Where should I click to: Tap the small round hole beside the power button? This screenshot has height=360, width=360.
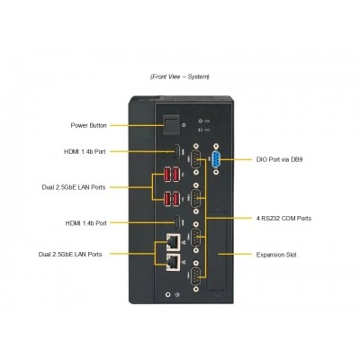coord(184,126)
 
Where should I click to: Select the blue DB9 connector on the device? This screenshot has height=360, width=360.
coord(216,159)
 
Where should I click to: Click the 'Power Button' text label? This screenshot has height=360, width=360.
coord(88,125)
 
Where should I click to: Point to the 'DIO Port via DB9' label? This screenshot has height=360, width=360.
coord(279,159)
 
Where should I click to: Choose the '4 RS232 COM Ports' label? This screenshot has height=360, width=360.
coord(283,218)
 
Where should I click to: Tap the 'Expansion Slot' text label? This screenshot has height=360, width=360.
coord(276,255)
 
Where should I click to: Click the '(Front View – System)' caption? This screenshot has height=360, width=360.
coord(180,76)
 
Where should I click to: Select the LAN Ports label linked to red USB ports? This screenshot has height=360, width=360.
coord(74,187)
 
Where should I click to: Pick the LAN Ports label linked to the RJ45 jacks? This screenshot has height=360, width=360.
coord(70,255)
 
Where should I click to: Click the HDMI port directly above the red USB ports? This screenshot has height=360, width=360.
coord(177,152)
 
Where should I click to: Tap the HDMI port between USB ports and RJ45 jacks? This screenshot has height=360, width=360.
coord(177,222)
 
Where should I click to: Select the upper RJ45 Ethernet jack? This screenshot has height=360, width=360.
coord(174,242)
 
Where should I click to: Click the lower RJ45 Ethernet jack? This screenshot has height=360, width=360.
coord(174,263)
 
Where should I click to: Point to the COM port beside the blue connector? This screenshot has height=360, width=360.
coord(196,159)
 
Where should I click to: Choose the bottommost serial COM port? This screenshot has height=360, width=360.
coord(196,275)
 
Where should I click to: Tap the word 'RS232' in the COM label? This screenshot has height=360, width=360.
coord(271,218)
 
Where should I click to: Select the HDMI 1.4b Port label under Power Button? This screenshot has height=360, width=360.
coord(85,151)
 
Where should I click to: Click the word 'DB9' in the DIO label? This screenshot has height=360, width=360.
coord(297,159)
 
